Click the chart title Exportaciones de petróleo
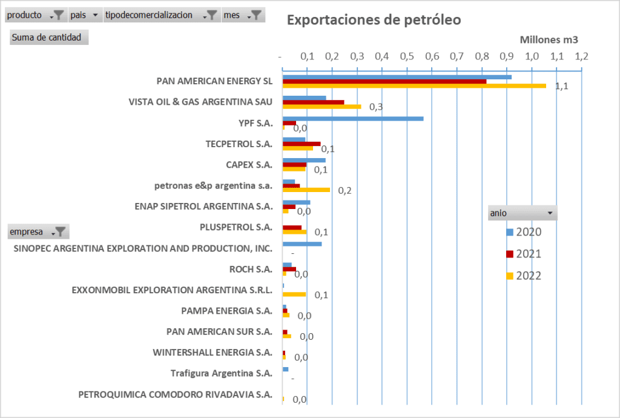(x=374, y=19)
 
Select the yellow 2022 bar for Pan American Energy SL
(x=414, y=86)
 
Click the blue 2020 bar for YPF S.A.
(x=353, y=118)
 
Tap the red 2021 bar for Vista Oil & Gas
(x=313, y=102)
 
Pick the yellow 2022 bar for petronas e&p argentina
(x=306, y=190)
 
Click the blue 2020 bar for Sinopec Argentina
(x=302, y=244)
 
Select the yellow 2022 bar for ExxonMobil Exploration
(x=294, y=294)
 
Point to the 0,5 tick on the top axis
(x=407, y=57)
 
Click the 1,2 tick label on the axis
(x=581, y=57)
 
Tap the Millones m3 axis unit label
(x=549, y=40)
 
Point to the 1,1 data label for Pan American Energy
(x=561, y=86)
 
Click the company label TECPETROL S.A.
(x=239, y=144)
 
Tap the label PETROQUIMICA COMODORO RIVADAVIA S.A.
(x=175, y=394)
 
